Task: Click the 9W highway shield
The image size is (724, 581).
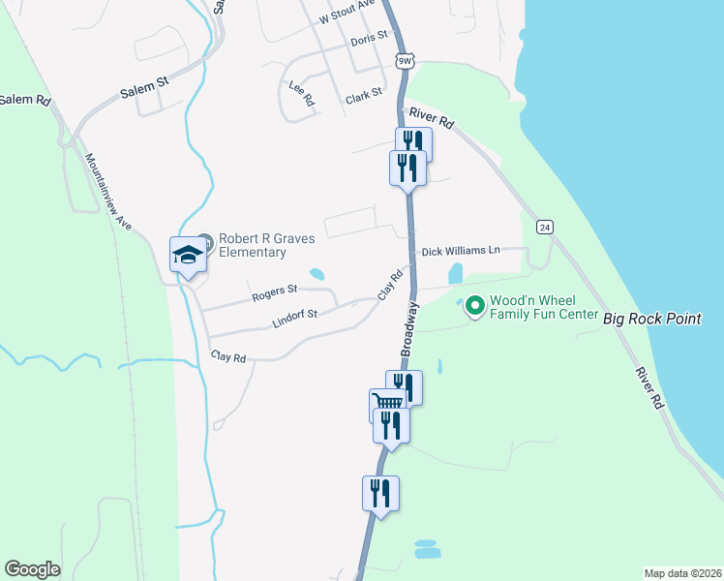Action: (405, 60)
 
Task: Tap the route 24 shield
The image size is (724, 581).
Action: (546, 227)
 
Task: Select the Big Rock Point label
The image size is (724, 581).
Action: (651, 318)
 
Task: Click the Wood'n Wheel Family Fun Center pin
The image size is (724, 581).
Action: (474, 306)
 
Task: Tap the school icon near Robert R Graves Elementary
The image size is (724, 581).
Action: (188, 255)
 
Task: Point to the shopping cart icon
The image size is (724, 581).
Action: (386, 404)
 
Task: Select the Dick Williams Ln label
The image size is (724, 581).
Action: (460, 251)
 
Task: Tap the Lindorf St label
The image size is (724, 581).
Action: (294, 317)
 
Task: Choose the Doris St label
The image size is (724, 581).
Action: (369, 36)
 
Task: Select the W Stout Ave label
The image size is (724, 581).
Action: (347, 13)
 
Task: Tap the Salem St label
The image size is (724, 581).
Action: (144, 88)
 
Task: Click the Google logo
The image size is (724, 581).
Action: (32, 569)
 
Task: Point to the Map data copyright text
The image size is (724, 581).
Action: (682, 573)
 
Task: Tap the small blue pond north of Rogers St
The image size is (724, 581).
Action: (317, 273)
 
